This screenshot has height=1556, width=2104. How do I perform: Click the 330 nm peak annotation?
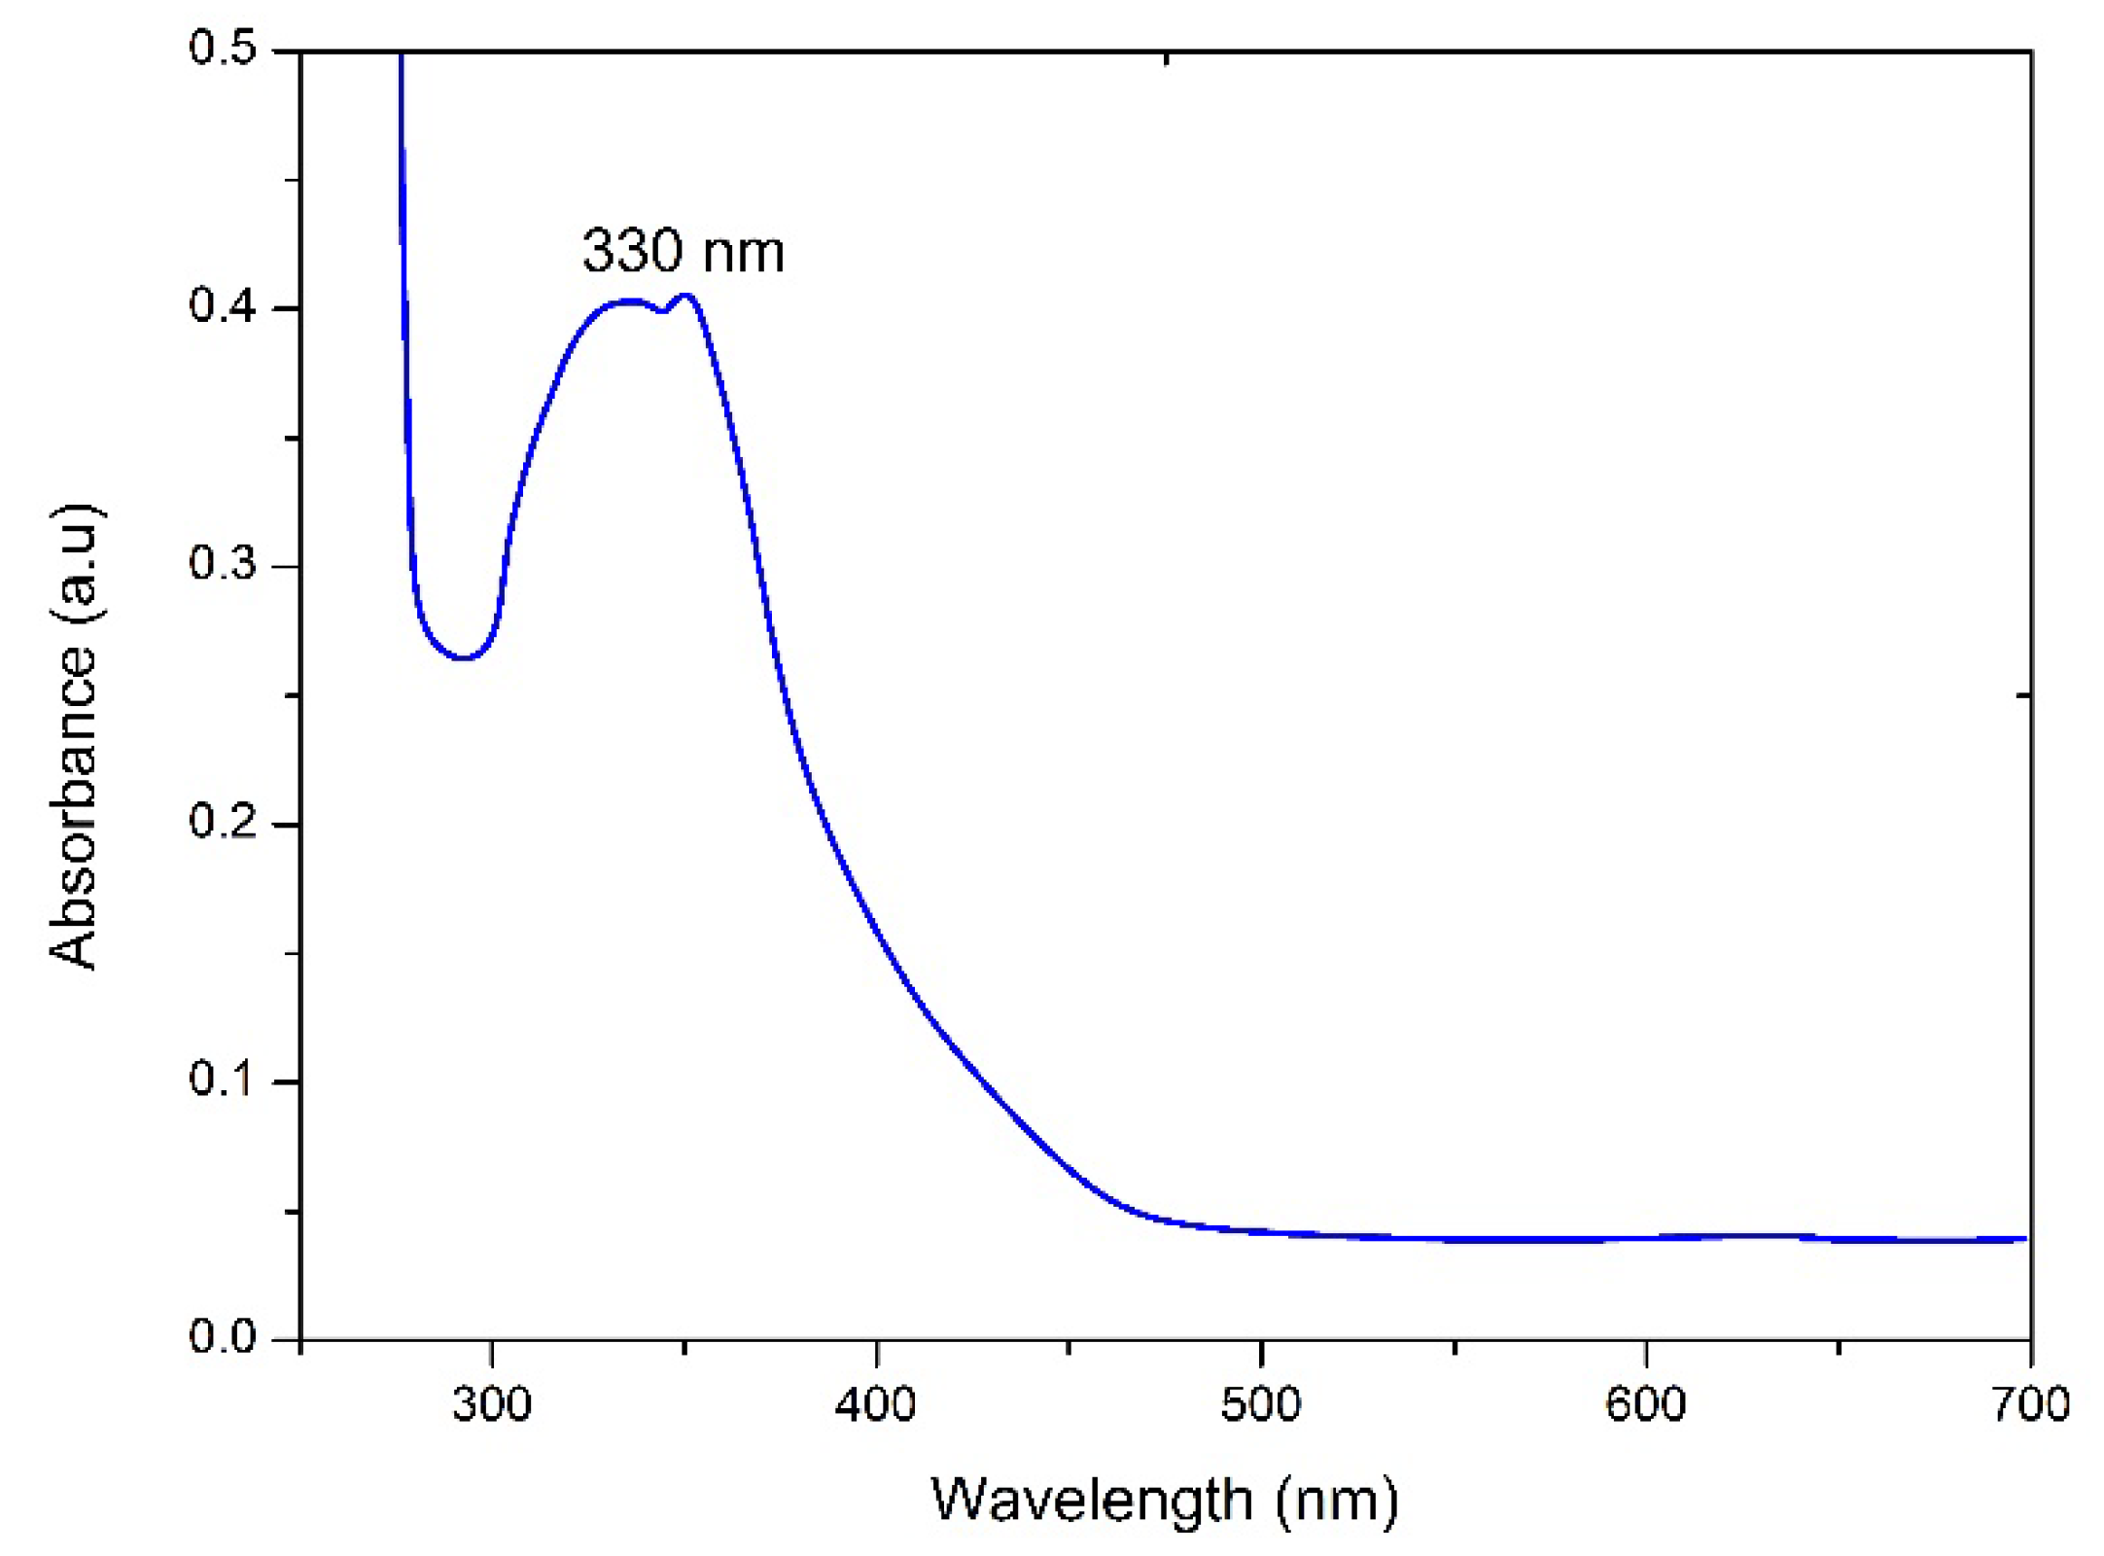coord(683,251)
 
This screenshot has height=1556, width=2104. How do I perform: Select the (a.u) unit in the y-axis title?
coord(74,563)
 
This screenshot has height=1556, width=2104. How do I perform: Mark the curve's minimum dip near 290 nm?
coord(465,658)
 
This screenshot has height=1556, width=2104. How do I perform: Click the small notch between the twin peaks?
coord(662,311)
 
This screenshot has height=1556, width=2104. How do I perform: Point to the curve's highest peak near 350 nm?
coord(686,296)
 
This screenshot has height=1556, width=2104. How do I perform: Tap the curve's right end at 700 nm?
coord(2024,1239)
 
